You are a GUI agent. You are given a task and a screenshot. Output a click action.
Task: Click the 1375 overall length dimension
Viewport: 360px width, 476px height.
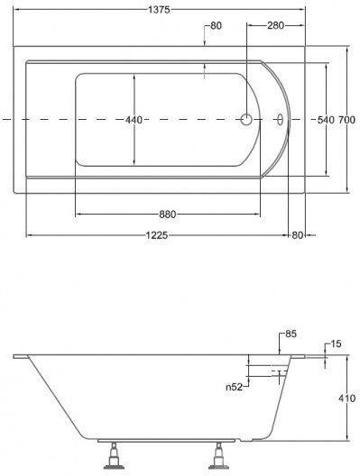[159, 10]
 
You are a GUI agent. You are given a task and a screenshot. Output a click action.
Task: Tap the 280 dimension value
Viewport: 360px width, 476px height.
[275, 25]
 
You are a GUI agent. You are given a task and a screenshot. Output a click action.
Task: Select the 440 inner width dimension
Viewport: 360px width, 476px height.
[134, 120]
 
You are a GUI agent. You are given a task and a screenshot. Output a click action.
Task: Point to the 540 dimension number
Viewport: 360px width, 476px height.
[326, 120]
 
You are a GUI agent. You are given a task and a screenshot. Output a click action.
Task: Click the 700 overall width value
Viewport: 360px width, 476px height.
[346, 120]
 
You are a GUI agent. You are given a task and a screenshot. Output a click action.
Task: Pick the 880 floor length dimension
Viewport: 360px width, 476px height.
[168, 215]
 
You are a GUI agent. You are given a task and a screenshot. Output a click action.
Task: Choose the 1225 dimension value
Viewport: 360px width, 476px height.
[157, 235]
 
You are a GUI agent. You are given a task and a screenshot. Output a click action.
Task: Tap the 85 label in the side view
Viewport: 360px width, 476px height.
[291, 334]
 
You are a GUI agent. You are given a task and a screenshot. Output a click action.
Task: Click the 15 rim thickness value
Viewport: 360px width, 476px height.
[336, 344]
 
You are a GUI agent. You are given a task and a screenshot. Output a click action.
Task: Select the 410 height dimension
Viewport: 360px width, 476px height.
[346, 398]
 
